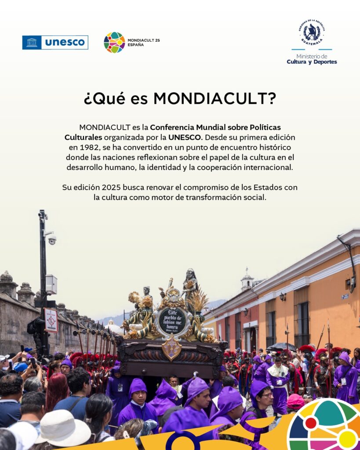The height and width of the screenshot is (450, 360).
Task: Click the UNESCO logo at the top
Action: [x=55, y=43]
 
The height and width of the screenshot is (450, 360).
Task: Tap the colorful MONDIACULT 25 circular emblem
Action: [x=114, y=43]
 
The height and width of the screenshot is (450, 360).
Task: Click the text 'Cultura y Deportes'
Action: [x=312, y=62]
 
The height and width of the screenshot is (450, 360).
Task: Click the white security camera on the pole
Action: [x=52, y=240]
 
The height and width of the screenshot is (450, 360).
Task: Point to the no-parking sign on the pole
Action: [x=51, y=320]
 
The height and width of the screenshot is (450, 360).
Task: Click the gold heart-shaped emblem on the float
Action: [x=172, y=347]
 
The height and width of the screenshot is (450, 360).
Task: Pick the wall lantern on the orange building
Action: [x=283, y=297]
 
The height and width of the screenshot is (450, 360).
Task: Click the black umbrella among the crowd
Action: [x=281, y=347]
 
